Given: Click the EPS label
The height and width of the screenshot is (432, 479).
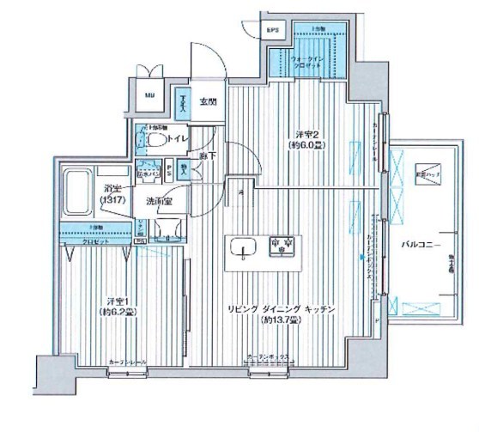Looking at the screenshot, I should tap(273, 31).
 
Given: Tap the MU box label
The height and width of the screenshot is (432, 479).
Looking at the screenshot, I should tap(149, 96).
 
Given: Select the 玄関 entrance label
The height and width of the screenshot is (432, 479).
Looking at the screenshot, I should tap(208, 102).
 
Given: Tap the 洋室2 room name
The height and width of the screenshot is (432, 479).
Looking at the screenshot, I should tap(306, 134).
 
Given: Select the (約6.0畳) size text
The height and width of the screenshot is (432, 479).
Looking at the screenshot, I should tap(306, 146).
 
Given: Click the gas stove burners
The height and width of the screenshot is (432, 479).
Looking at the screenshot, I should tap(280, 246).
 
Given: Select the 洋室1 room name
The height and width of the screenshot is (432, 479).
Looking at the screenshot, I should tap(118, 301).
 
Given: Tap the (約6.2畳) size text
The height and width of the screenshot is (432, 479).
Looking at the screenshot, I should tap(118, 312).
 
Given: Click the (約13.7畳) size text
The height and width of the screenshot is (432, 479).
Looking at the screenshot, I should tap(280, 320).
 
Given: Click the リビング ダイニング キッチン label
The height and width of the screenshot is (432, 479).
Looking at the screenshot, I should tap(280, 308).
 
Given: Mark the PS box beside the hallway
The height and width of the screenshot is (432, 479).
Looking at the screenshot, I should tap(169, 169).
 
